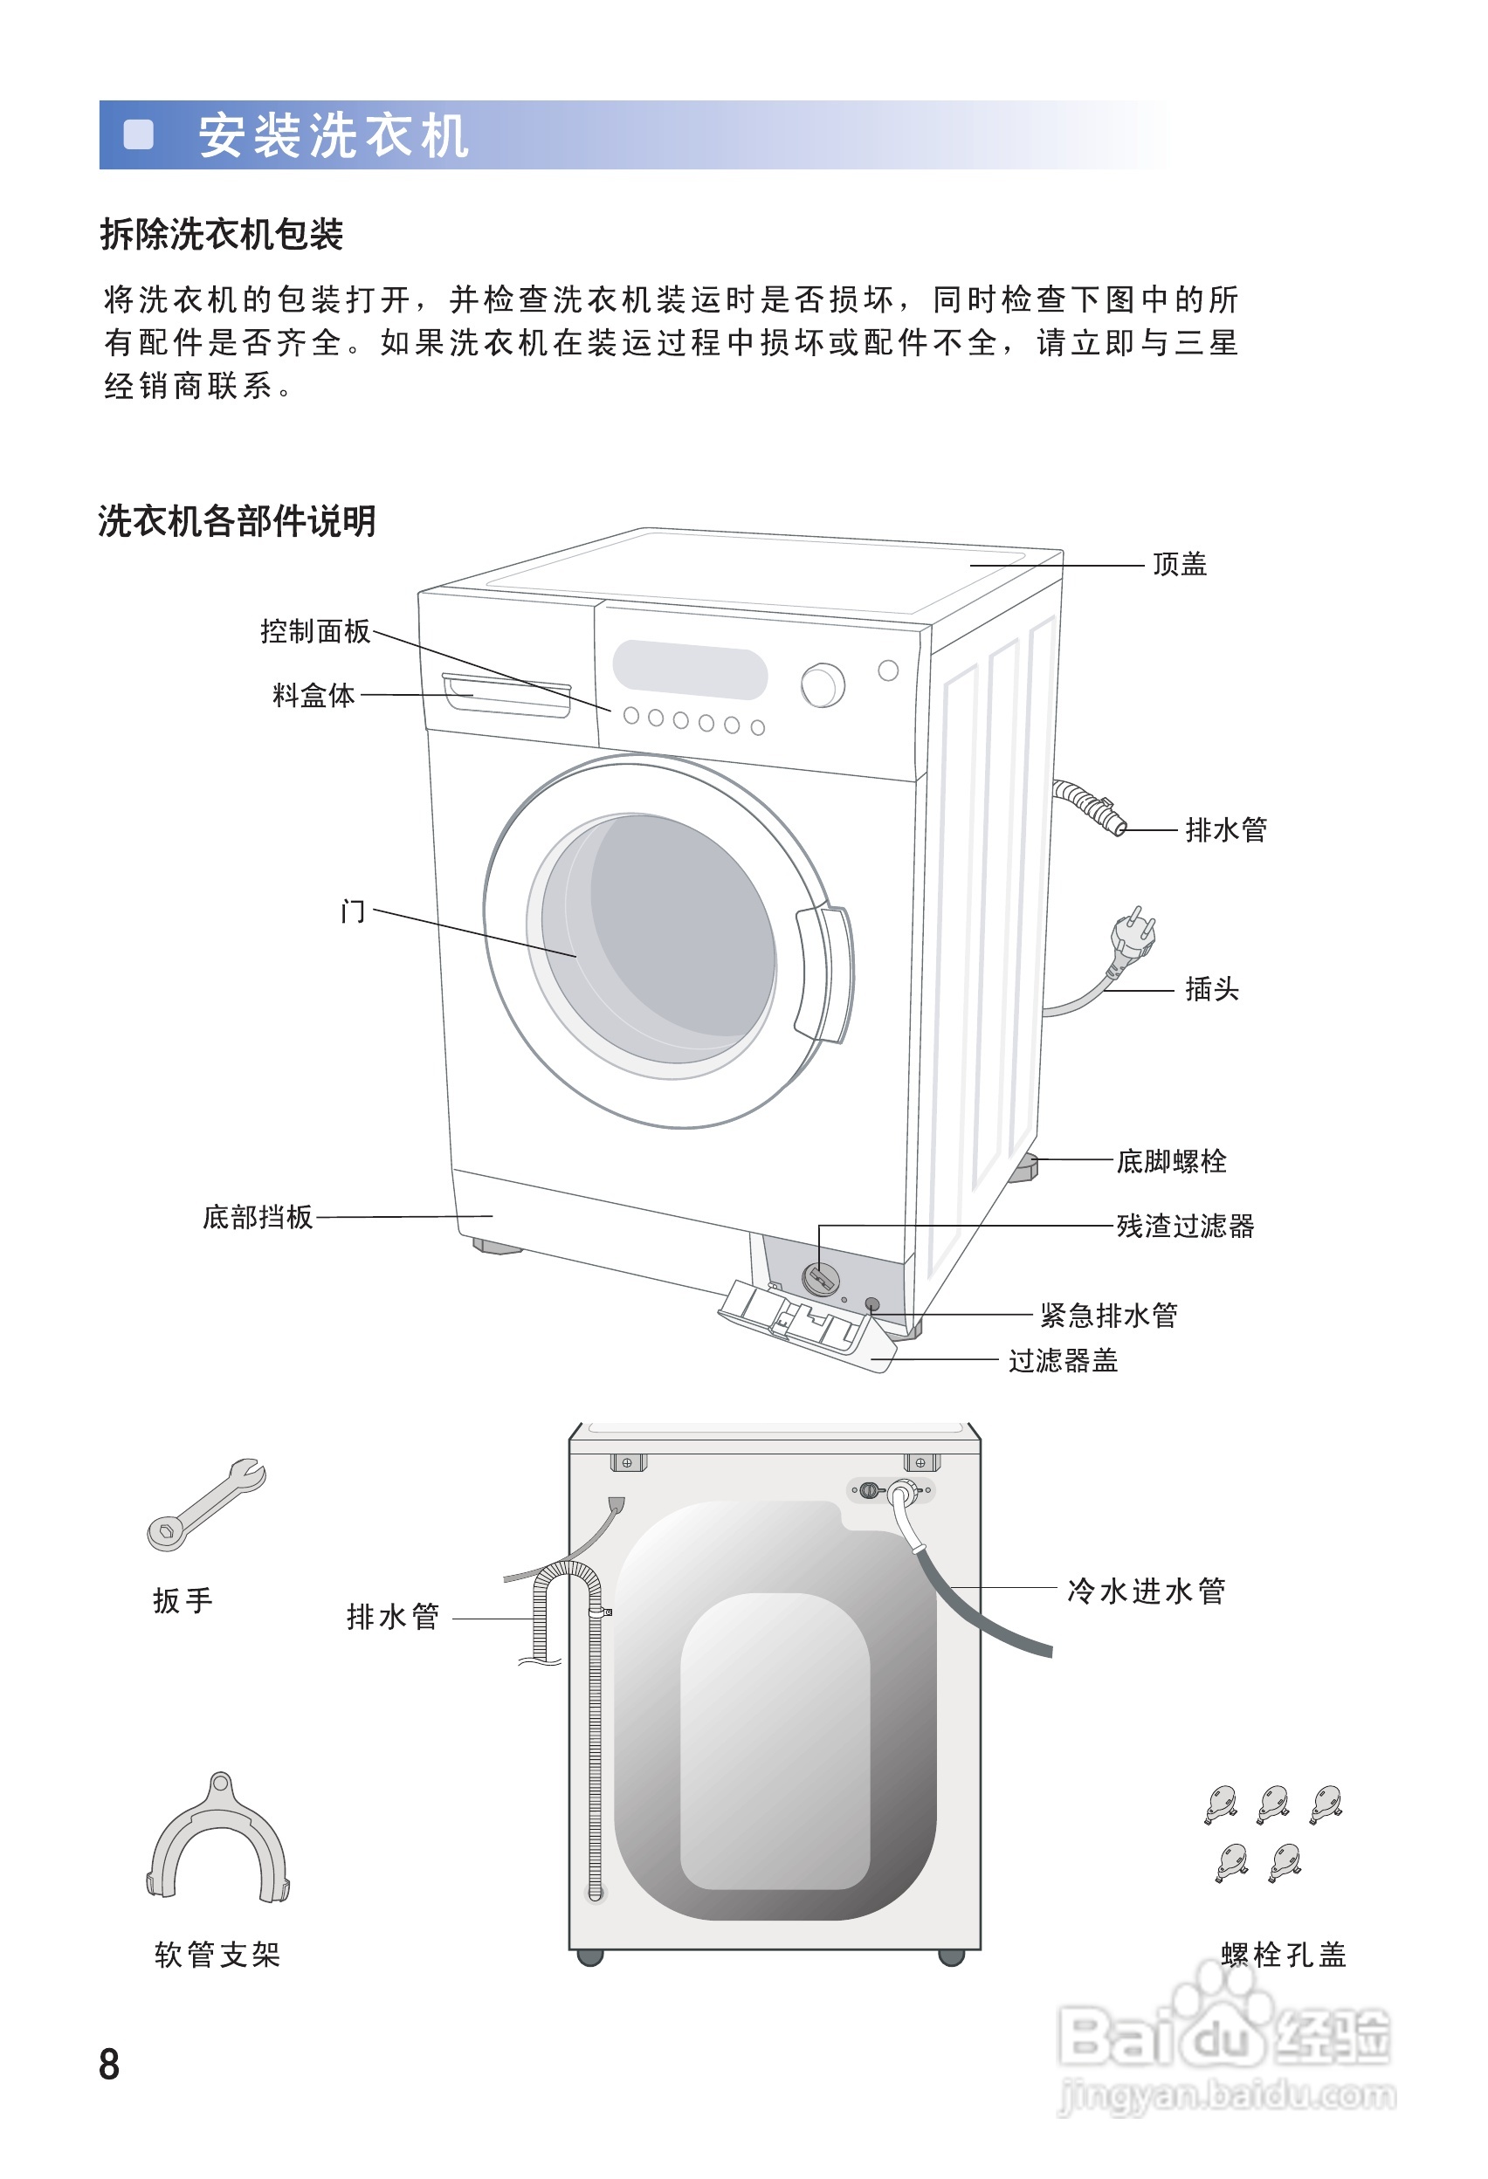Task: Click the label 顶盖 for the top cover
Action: point(1179,565)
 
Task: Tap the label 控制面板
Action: point(315,631)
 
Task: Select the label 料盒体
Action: point(313,695)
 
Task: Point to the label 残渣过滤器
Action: point(1185,1226)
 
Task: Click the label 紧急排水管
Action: point(1108,1315)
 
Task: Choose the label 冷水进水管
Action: point(1146,1591)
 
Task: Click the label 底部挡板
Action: point(258,1217)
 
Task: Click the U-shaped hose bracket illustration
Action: point(218,1838)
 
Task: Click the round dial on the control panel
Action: point(823,685)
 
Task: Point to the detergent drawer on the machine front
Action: point(507,696)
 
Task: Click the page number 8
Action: point(110,2064)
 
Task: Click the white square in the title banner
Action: point(139,134)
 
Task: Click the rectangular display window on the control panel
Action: point(689,670)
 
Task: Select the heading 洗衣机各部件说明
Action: point(238,521)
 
